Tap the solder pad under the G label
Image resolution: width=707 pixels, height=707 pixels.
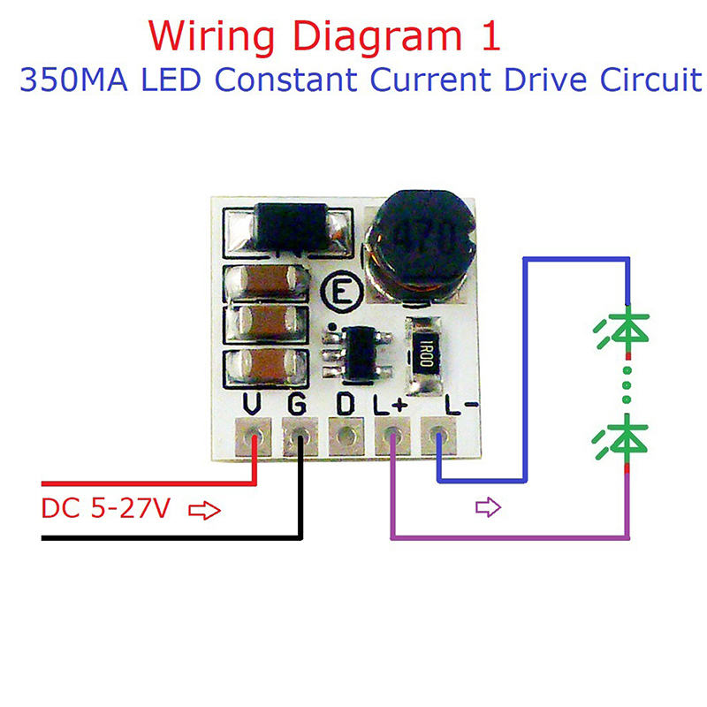(301, 437)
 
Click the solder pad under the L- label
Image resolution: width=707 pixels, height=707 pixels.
(439, 437)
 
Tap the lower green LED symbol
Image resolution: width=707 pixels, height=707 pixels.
(627, 437)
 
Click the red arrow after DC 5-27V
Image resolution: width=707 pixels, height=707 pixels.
(204, 511)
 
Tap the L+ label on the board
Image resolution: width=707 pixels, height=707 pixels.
(391, 406)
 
